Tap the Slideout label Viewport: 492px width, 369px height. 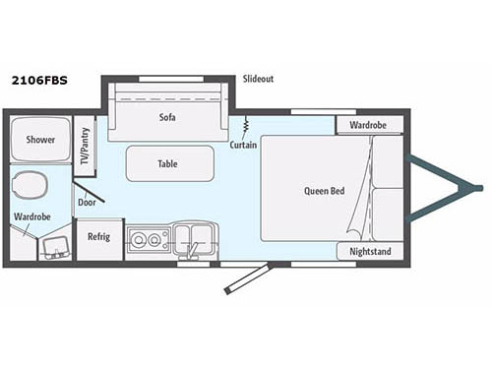coord(260,78)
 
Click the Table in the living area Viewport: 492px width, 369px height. coord(169,163)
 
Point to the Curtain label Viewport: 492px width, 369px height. coord(244,145)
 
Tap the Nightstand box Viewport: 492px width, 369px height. coord(370,252)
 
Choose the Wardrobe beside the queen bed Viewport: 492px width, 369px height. coord(370,125)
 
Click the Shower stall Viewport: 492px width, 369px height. coord(40,140)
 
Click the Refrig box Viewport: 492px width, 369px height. coord(98,237)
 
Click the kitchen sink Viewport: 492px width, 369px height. coord(194,237)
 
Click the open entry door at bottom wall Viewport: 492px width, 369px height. coord(246,277)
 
